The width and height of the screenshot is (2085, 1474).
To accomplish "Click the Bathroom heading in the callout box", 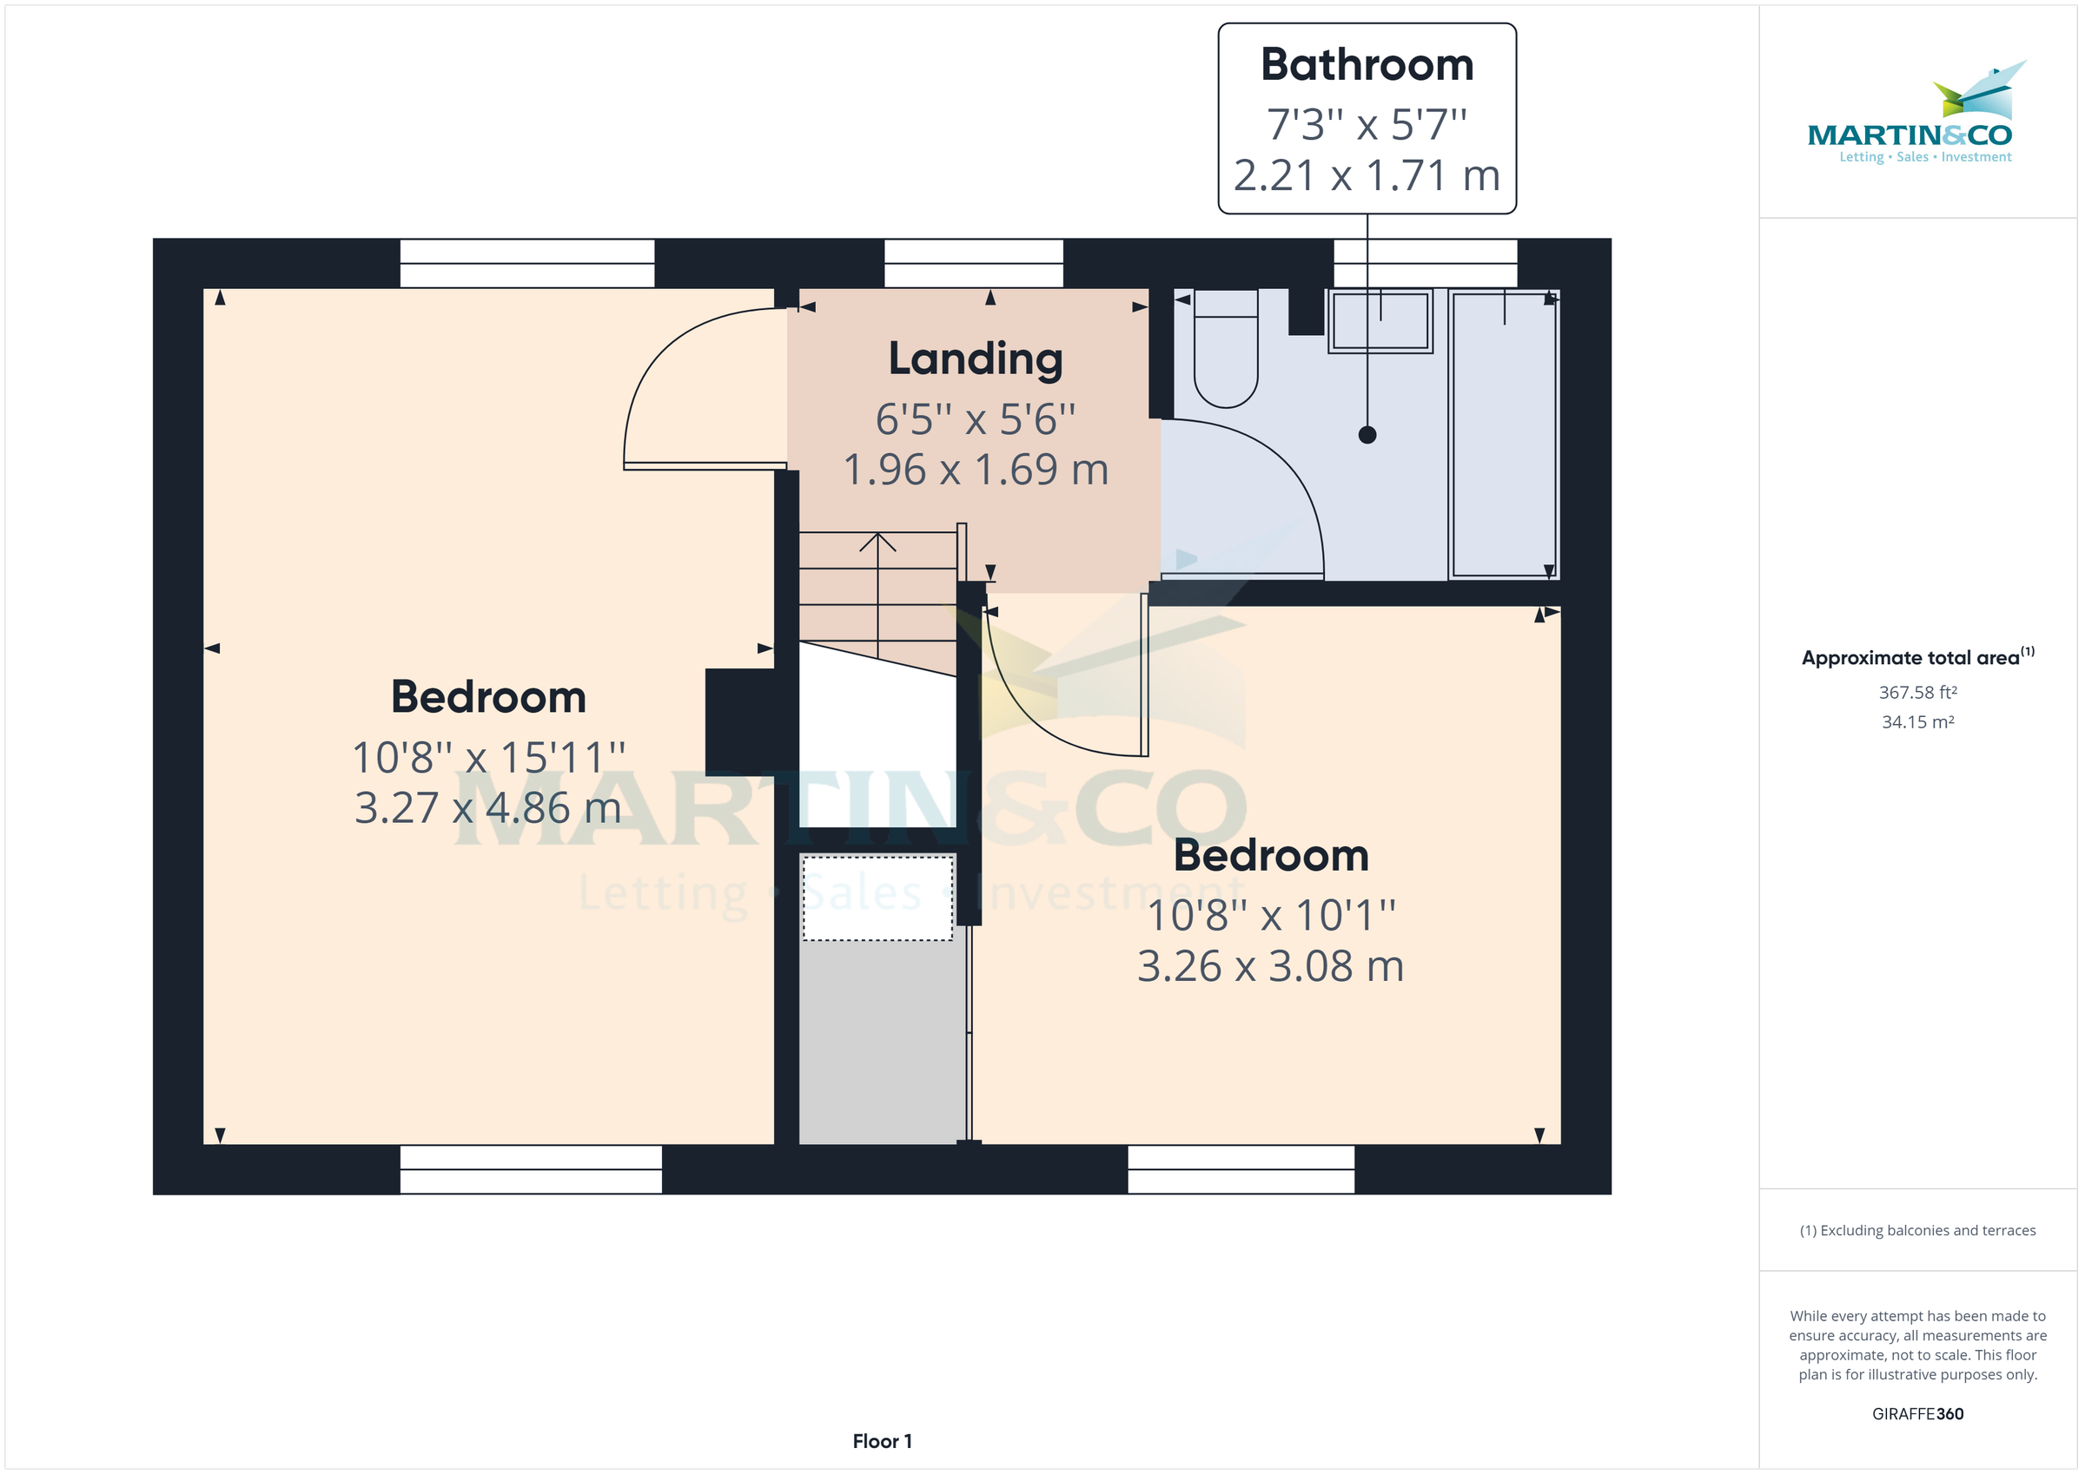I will point(1366,64).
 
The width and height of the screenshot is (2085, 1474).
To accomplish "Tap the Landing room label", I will point(976,359).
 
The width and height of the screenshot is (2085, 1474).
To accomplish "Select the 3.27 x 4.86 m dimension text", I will point(487,808).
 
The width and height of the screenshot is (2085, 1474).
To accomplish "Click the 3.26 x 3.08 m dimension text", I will point(1269,965).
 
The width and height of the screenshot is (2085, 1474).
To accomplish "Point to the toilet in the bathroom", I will point(1225,354).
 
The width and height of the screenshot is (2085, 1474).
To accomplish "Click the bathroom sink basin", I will point(1380,320).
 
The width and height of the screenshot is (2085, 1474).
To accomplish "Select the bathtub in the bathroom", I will point(1503,434).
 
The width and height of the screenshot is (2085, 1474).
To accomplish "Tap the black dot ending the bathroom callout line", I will point(1367,435).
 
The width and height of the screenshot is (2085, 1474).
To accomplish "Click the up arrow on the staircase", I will point(877,543).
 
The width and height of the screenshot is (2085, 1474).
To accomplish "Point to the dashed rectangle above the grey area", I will point(877,898).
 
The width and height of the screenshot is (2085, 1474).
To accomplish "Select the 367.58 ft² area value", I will point(1917,693).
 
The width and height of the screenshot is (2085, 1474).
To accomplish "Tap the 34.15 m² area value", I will point(1917,722).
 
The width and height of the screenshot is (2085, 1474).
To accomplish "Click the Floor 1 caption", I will point(882,1441).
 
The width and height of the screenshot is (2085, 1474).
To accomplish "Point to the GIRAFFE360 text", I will point(1917,1414).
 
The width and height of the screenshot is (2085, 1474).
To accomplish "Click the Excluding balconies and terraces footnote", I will point(1917,1231).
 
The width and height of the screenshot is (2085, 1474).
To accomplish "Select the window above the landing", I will point(974,263).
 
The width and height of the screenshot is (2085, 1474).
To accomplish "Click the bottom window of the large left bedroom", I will point(530,1169).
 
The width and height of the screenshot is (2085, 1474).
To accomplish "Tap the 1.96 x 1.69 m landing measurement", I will point(976,470).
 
